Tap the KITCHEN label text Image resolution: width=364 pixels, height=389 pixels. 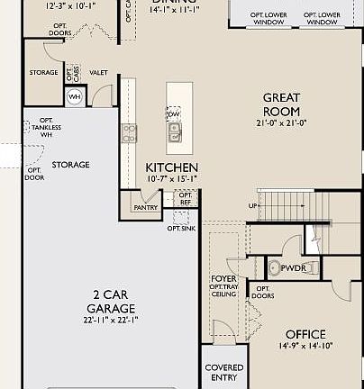point(172,168)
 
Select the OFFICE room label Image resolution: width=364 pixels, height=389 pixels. point(305,334)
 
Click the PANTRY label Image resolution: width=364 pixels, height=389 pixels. point(146,208)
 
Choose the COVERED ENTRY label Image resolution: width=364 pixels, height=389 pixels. point(224,373)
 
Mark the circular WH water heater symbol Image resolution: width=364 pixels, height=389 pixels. point(76,97)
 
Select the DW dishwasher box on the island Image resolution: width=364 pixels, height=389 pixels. point(173,113)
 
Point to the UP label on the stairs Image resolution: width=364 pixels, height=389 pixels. point(253,207)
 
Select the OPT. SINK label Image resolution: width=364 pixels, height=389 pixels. point(180,229)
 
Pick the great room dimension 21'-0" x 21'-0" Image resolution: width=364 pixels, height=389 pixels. point(280,122)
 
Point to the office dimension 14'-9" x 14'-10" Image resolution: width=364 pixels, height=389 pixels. point(305,346)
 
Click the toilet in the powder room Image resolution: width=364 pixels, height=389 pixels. point(273,267)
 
